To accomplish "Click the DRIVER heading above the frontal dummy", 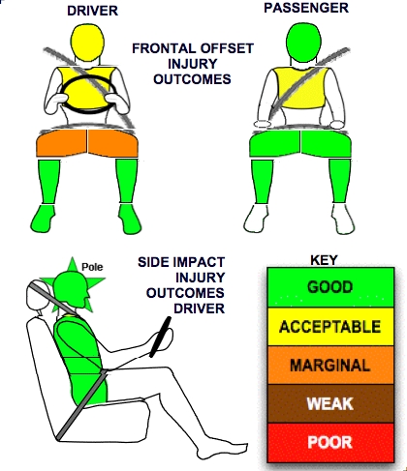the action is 92,11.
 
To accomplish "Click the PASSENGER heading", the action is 306,8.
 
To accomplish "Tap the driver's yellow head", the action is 87,43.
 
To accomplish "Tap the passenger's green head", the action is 301,42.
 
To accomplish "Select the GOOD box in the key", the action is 330,287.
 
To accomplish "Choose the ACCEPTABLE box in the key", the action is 330,327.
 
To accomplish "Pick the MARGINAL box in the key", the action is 330,365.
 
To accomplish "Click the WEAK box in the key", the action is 330,403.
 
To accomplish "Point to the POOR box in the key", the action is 330,442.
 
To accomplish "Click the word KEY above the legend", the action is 324,260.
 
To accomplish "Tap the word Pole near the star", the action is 92,267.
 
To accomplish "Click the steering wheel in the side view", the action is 161,338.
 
